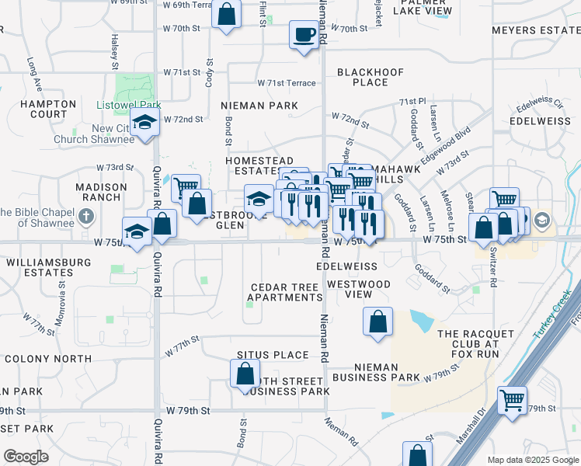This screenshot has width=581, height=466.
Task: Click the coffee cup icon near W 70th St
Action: tap(303, 34)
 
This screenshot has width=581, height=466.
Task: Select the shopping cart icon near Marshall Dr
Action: tap(513, 402)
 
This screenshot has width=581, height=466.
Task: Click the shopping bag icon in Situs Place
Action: tap(245, 374)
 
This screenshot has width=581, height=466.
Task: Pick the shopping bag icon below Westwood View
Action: tap(377, 322)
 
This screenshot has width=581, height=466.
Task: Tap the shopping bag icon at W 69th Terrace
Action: tap(226, 15)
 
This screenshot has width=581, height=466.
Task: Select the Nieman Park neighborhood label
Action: tap(259, 105)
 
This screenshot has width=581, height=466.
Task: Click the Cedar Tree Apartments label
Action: tap(284, 292)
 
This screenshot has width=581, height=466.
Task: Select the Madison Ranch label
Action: tap(101, 192)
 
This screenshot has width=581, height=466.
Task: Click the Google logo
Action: tap(26, 457)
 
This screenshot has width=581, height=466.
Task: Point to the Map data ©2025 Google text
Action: tap(533, 459)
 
